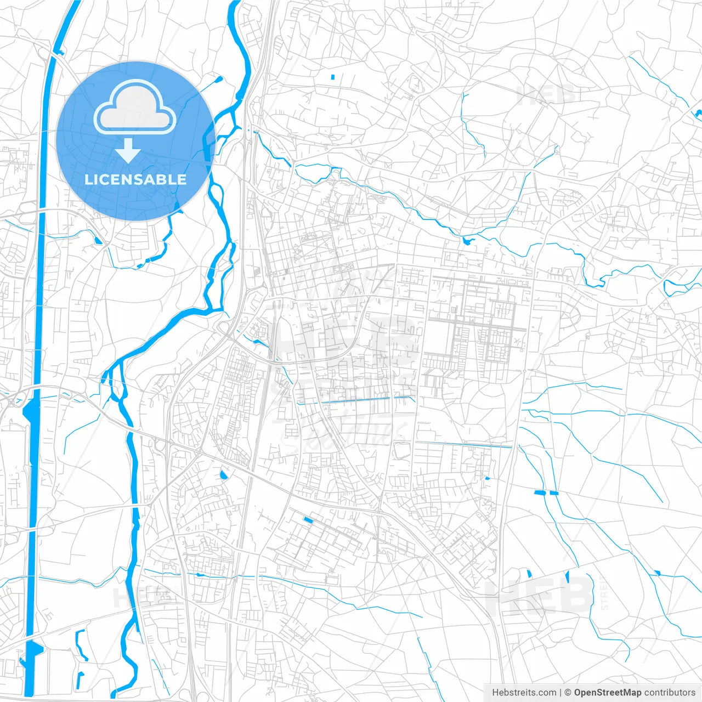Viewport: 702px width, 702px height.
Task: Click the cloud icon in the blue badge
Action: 135,107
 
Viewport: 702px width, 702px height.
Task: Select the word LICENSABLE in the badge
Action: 135,179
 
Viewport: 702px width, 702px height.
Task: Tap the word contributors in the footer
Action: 670,693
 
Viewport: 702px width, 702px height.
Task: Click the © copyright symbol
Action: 568,693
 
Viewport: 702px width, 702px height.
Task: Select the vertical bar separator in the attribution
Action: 561,693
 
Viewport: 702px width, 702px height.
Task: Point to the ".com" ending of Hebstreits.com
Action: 546,693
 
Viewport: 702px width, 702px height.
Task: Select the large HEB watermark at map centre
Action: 343,340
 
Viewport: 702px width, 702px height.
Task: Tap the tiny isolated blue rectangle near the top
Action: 333,77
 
